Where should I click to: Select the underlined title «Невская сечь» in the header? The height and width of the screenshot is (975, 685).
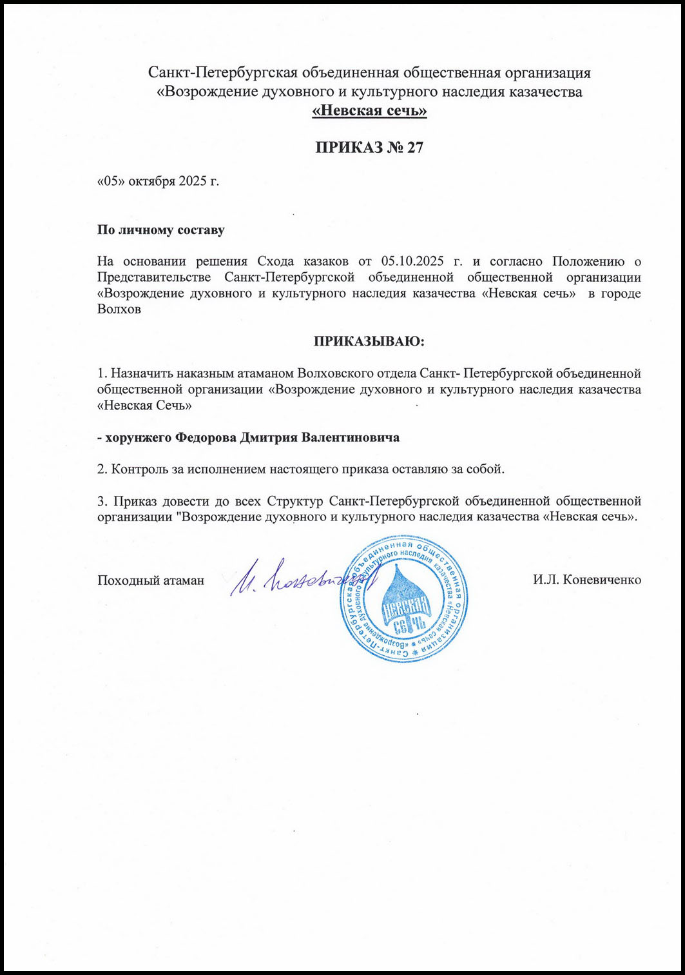369,112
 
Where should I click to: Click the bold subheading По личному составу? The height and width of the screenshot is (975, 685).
160,230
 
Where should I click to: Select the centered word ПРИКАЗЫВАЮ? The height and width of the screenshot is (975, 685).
369,341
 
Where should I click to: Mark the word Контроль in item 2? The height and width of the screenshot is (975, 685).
138,469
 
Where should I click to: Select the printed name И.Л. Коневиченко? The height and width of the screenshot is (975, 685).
586,580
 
